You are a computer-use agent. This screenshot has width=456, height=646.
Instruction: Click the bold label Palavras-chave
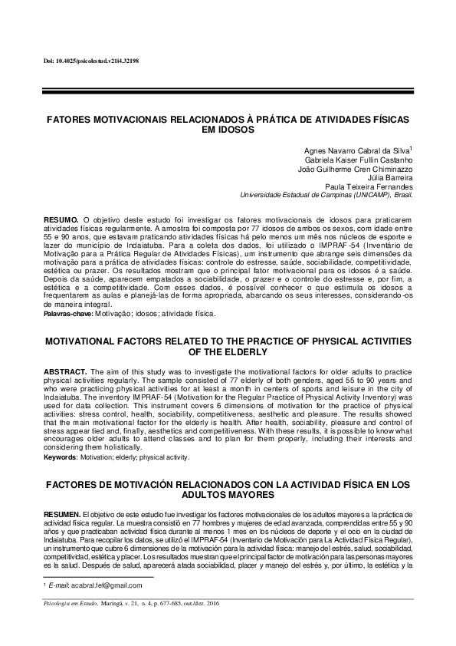68,314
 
